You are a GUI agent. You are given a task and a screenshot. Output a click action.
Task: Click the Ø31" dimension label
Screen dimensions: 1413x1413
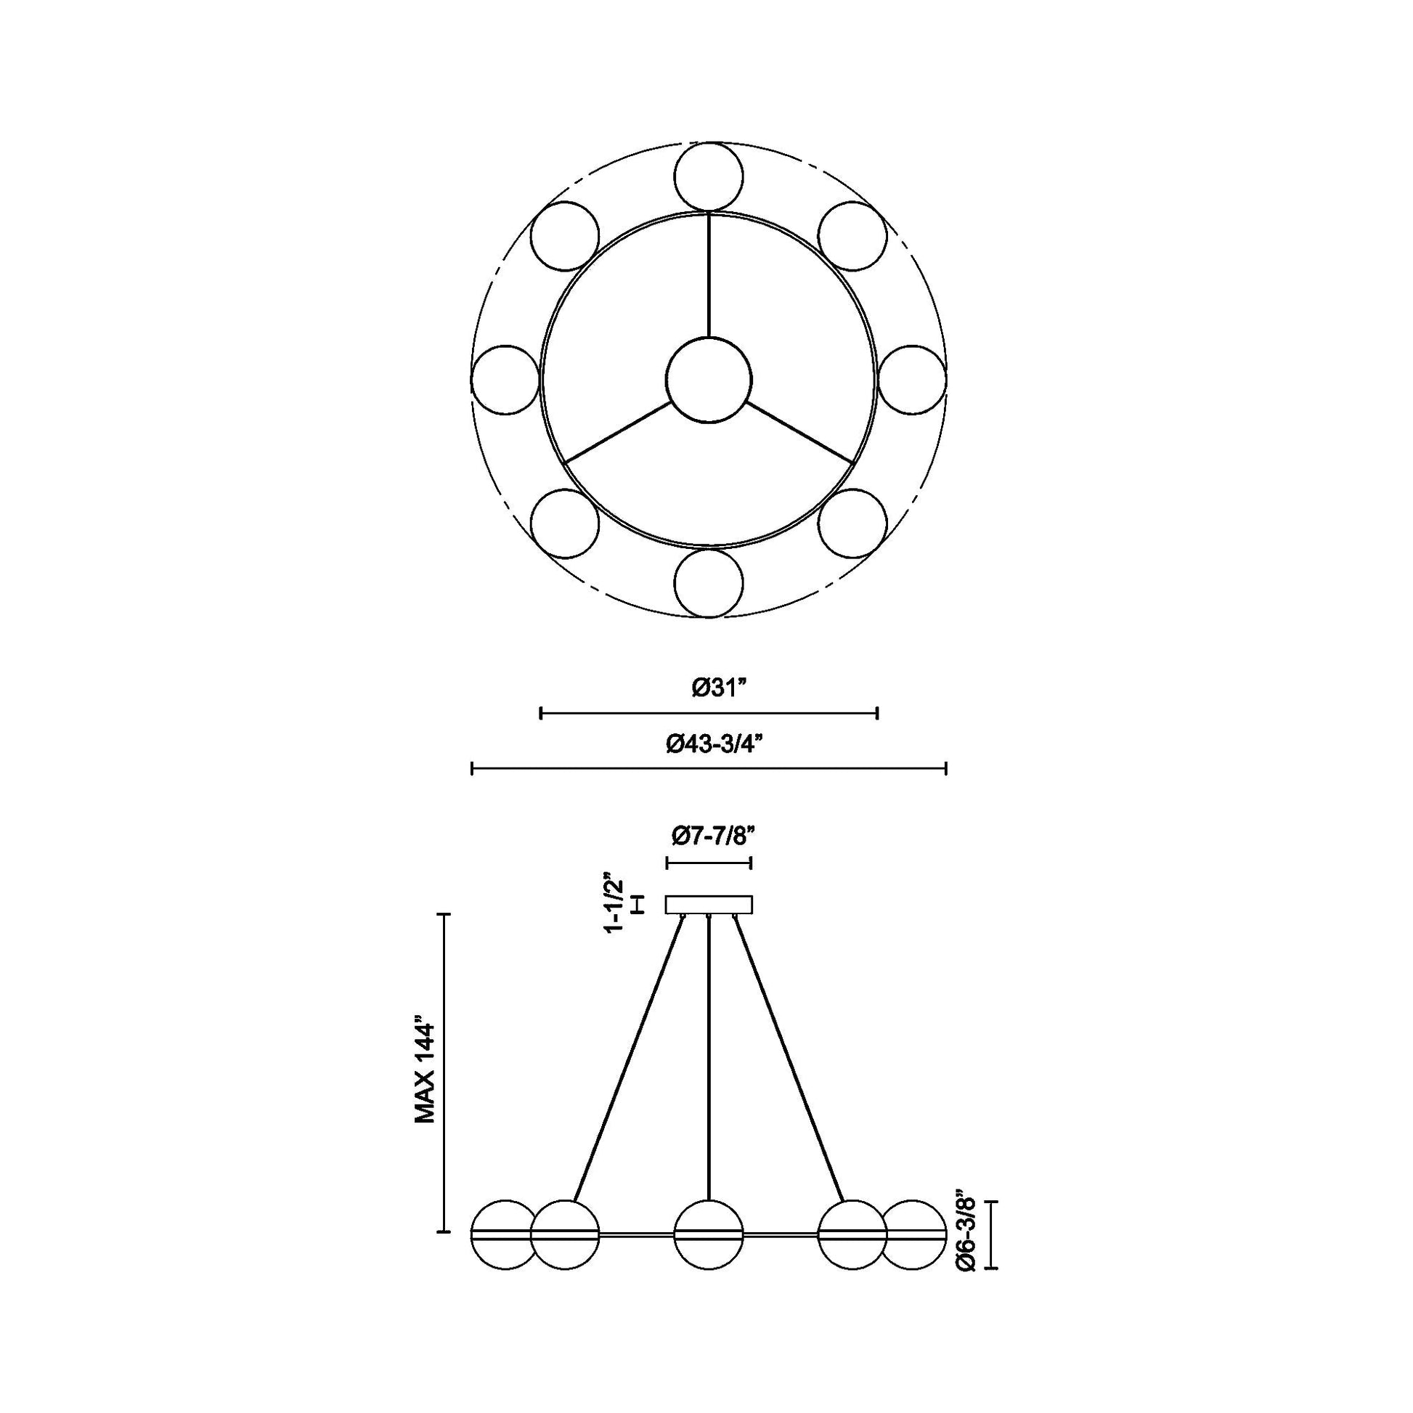720,688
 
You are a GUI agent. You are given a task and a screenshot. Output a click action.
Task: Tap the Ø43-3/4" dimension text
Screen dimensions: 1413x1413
714,743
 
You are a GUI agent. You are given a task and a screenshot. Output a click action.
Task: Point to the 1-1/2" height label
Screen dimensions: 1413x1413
613,902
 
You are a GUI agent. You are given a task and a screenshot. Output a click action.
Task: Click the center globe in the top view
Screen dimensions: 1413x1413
709,380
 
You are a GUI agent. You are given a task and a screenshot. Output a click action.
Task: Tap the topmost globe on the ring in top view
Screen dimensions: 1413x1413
709,177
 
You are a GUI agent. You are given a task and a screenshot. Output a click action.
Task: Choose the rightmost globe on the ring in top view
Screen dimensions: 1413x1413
911,380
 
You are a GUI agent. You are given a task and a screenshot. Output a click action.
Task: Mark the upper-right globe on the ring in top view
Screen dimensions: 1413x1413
852,236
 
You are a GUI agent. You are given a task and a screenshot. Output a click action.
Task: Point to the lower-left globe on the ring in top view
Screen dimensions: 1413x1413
565,523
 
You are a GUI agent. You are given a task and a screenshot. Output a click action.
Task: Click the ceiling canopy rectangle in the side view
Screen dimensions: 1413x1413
709,905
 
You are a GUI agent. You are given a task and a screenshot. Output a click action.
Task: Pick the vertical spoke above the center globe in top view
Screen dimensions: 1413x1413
709,274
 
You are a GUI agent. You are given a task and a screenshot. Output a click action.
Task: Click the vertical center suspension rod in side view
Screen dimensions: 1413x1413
709,1061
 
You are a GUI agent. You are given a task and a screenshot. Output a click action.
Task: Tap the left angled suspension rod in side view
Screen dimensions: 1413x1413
629,1061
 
